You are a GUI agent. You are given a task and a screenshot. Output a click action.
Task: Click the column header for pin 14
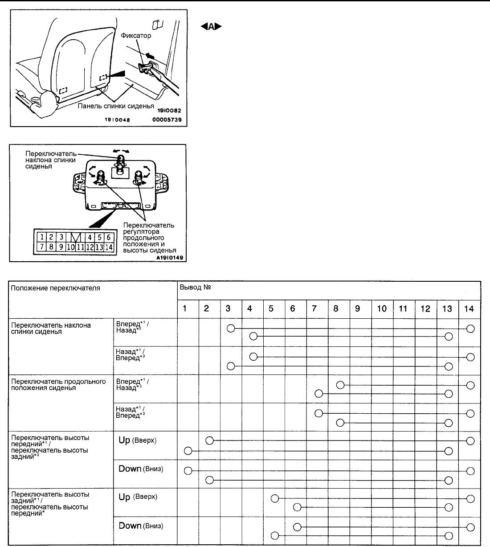469,309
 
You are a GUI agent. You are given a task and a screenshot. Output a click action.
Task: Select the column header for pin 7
314,309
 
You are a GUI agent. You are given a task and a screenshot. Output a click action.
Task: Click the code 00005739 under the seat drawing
166,120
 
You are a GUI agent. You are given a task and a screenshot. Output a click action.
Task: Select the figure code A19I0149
170,257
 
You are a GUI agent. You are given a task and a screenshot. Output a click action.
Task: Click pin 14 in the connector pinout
109,247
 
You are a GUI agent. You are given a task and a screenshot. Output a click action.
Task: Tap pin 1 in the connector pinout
41,237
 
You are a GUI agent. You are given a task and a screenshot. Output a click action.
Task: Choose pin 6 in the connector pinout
108,237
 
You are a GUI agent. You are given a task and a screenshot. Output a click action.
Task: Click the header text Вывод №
195,288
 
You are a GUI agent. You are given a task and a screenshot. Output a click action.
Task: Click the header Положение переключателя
56,288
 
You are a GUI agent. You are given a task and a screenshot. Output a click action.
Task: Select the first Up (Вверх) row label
138,440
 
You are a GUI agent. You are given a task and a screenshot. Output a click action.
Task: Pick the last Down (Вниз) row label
141,526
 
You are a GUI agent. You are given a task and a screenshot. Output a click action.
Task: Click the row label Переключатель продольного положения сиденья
58,384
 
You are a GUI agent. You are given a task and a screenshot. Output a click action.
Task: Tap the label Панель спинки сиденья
116,106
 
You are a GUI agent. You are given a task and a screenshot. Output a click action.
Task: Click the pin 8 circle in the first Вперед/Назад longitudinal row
340,385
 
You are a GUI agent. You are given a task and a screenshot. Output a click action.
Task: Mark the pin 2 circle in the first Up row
210,441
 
